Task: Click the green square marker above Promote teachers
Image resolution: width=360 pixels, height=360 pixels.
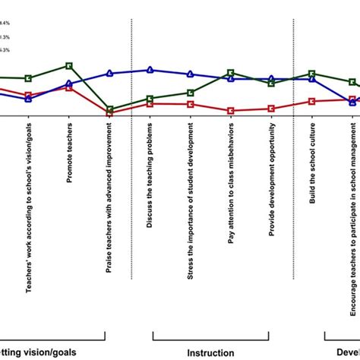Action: pos(69,66)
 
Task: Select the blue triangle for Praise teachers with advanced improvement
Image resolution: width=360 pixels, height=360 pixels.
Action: pos(110,74)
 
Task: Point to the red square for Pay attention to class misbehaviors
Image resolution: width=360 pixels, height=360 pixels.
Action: pos(231,111)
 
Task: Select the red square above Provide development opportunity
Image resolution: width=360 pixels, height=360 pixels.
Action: pos(271,109)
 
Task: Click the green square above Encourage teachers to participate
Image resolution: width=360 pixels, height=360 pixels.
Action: pos(352,82)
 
